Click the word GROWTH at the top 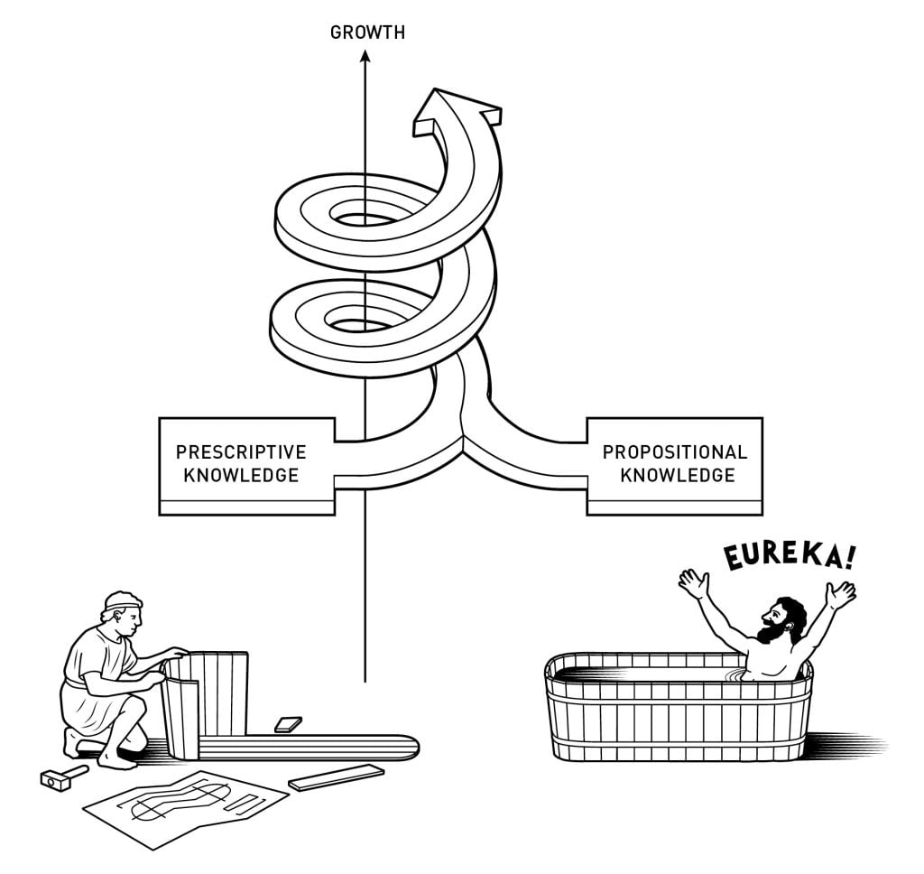pyautogui.click(x=367, y=33)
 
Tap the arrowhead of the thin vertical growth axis pyautogui.click(x=365, y=57)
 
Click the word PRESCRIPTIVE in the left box pyautogui.click(x=241, y=451)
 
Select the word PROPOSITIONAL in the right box pyautogui.click(x=675, y=451)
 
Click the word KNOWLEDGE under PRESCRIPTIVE pyautogui.click(x=241, y=474)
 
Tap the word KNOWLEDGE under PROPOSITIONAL pyautogui.click(x=676, y=474)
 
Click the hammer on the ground pyautogui.click(x=63, y=776)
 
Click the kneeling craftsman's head pyautogui.click(x=122, y=612)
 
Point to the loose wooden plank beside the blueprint pyautogui.click(x=336, y=776)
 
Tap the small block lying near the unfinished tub pyautogui.click(x=288, y=724)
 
